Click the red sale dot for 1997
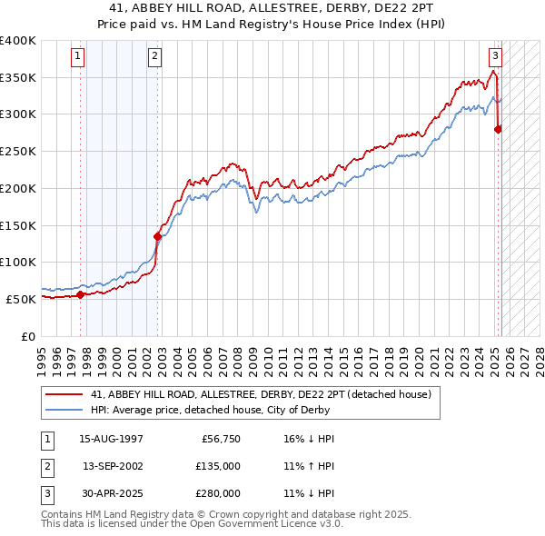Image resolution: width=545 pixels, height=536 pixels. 80,294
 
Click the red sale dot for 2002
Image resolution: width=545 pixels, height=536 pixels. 157,236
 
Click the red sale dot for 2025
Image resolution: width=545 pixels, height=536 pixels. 498,129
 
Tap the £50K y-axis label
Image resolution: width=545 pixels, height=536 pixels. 21,299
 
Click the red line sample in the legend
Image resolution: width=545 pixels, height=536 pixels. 64,394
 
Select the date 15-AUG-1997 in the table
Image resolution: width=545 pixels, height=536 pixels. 111,439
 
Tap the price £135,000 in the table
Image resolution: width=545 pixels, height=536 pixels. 220,466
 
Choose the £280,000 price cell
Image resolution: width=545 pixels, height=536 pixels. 220,493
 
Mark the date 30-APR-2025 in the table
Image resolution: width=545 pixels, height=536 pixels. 111,493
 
